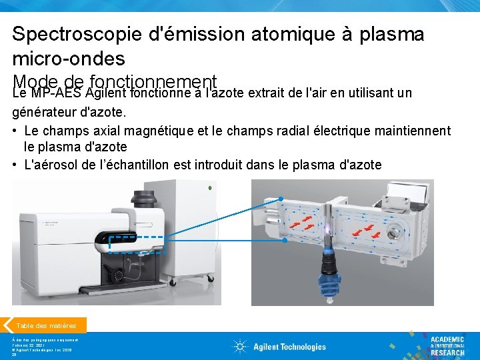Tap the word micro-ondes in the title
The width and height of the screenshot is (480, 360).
point(69,59)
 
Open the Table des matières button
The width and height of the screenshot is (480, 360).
point(46,325)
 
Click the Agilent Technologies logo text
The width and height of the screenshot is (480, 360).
point(289,347)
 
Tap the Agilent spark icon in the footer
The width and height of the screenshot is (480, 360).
point(240,347)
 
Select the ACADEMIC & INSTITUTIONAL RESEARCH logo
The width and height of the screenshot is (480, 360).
point(446,346)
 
